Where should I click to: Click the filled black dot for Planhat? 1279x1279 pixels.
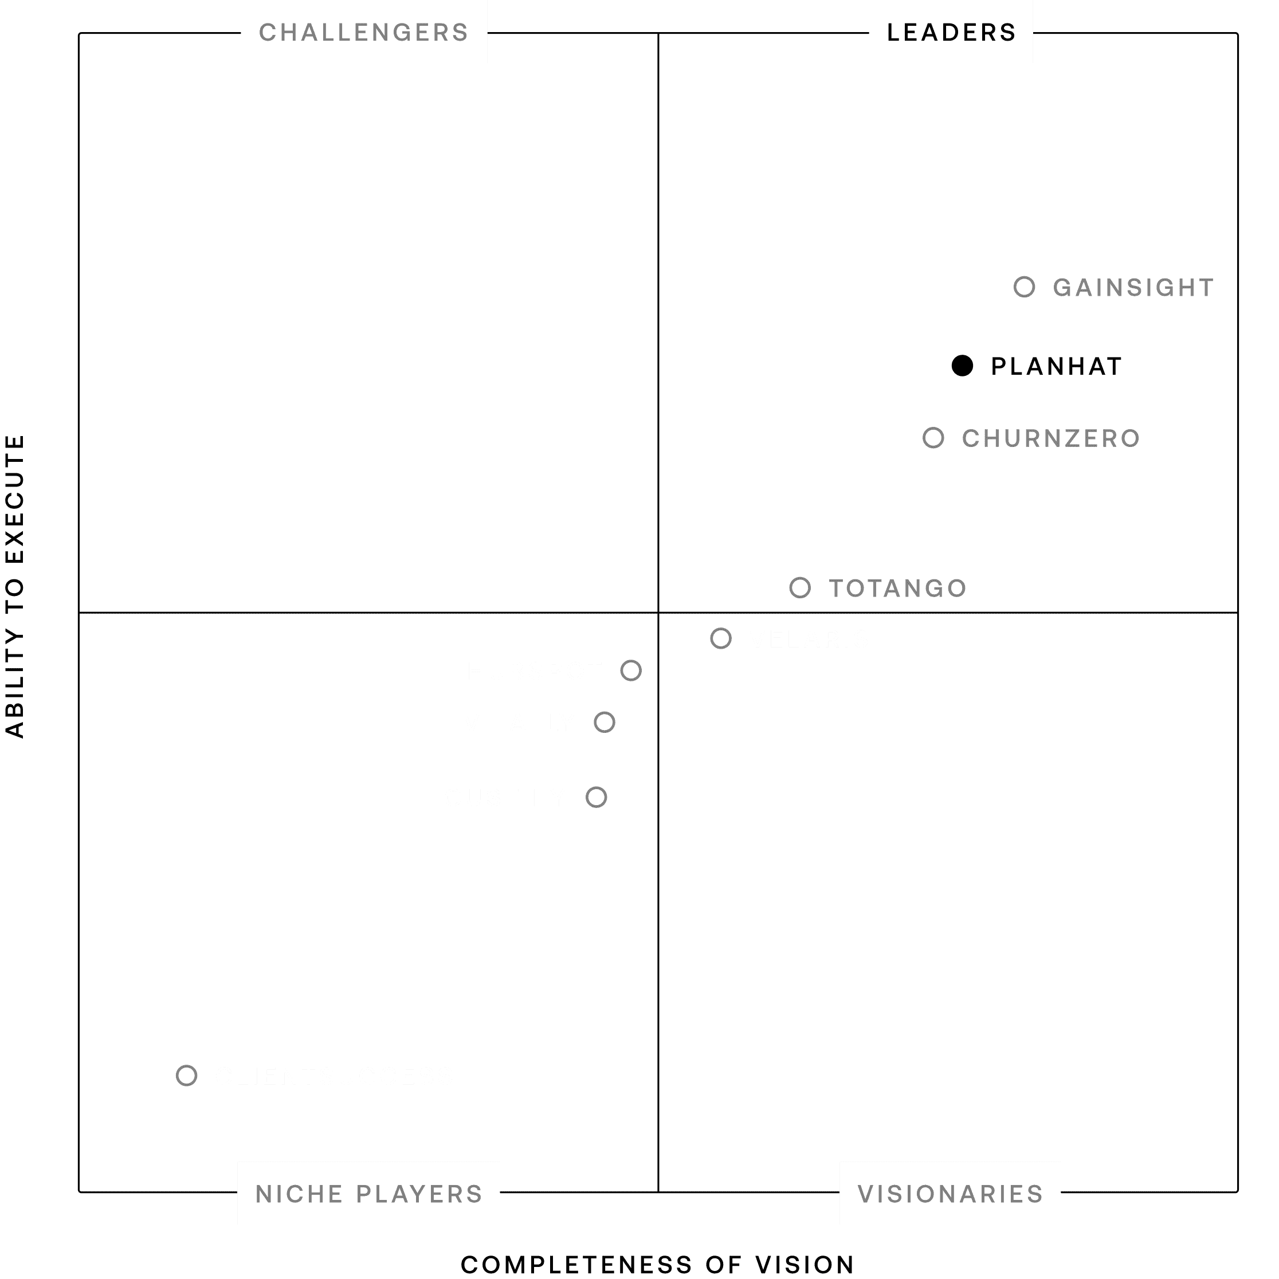pos(962,366)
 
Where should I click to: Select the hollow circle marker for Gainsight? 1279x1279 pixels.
pos(1024,287)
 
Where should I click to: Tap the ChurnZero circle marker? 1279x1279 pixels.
pos(933,438)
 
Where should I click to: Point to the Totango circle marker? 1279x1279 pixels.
pos(800,587)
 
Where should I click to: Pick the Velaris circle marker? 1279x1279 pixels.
pos(721,638)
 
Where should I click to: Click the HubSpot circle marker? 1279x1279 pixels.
pos(631,670)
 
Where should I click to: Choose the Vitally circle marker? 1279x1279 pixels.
pos(605,722)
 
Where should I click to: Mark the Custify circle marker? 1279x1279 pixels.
pos(597,797)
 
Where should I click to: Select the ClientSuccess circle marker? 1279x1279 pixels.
pos(187,1076)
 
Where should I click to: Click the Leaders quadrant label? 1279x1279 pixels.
pos(951,32)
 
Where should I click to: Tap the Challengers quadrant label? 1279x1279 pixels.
pos(363,32)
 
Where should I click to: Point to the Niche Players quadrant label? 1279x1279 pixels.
pos(368,1194)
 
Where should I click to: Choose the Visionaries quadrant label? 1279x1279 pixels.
pos(950,1194)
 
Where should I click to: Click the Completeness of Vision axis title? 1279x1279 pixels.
pos(657,1265)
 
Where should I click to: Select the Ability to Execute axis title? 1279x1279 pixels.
pos(14,586)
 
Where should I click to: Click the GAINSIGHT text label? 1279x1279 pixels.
pos(1133,287)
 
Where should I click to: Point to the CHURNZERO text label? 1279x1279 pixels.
pos(1050,438)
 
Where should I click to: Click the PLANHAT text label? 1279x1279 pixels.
pos(1056,366)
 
